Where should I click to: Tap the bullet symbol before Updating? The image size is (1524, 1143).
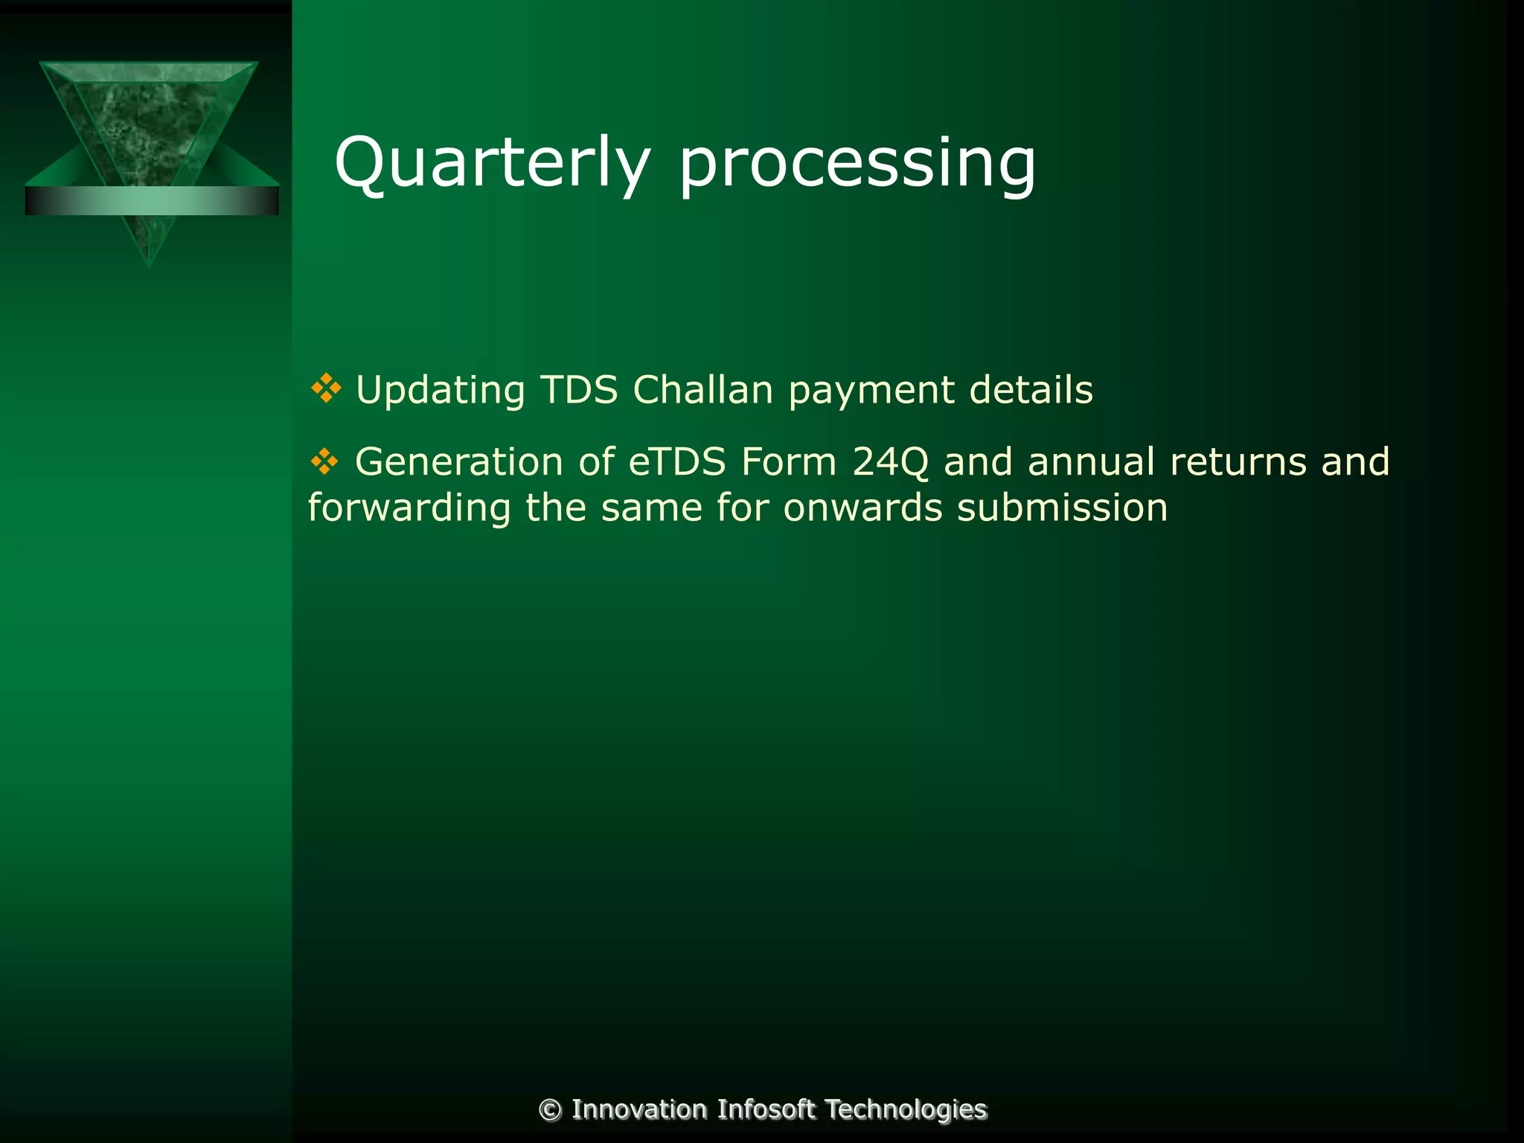tap(325, 388)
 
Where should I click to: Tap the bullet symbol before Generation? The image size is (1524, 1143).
tap(324, 461)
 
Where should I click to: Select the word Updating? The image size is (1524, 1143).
tap(441, 391)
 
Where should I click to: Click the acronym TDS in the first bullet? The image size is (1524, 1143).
tap(579, 389)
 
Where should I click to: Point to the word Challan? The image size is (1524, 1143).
tap(703, 389)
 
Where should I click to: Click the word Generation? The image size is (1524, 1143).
tap(458, 461)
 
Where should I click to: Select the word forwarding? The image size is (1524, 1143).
tap(409, 509)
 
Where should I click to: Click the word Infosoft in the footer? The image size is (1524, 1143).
tap(766, 1110)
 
